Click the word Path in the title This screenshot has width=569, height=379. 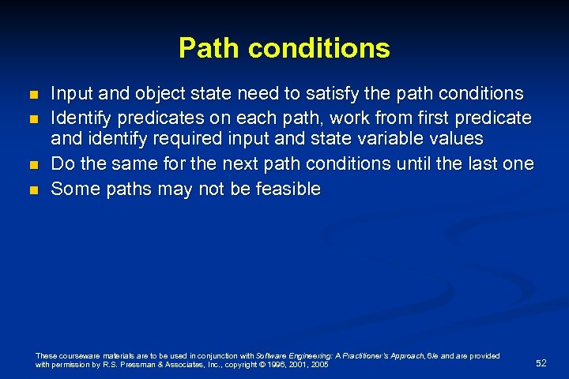point(207,48)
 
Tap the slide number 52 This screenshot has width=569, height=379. point(541,363)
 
